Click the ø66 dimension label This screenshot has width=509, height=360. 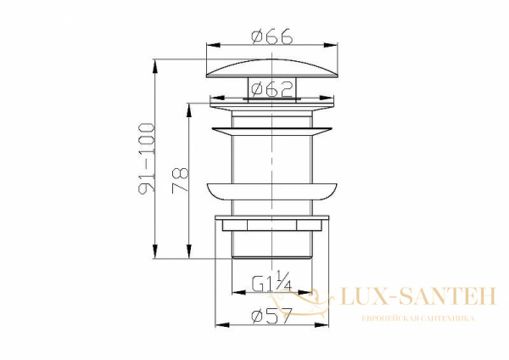click(272, 37)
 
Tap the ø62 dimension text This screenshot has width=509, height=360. click(272, 89)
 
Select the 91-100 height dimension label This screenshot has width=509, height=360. click(147, 158)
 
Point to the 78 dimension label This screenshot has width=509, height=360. click(180, 181)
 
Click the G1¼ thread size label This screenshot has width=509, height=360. click(272, 281)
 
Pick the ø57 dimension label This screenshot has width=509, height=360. click(272, 315)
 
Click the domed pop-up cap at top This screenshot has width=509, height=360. click(272, 68)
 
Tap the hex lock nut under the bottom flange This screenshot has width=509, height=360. click(272, 225)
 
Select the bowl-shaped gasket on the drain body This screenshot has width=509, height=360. click(272, 192)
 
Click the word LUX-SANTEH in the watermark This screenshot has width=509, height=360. click(418, 296)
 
